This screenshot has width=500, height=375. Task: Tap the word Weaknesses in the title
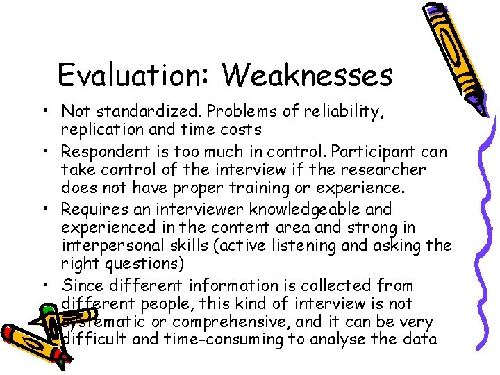tap(307, 75)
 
